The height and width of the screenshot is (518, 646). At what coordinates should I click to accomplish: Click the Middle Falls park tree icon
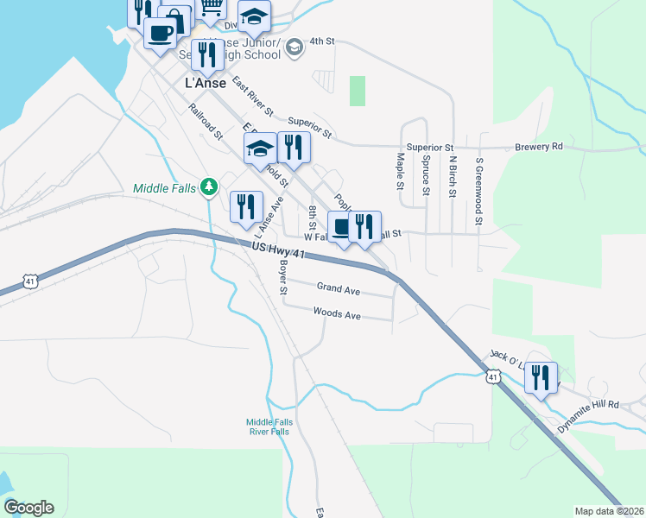(208, 186)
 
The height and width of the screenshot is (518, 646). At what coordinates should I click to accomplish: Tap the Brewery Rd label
(540, 147)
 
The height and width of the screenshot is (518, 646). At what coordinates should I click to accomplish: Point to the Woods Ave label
(337, 315)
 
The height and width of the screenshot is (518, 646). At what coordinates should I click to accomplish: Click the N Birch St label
(451, 177)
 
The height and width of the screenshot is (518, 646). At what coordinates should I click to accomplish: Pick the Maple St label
(400, 172)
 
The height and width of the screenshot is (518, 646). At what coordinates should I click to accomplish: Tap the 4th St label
(321, 41)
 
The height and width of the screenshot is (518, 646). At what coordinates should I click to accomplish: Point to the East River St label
(252, 97)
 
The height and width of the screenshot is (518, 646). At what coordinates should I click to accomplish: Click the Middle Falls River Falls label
(269, 426)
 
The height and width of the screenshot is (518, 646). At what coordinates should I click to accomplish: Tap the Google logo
(28, 508)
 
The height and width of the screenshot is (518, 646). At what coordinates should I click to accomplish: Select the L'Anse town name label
(206, 84)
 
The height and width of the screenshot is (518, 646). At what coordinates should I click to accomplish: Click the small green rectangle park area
(357, 91)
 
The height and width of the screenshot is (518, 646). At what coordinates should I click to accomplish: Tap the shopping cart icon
(212, 8)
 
